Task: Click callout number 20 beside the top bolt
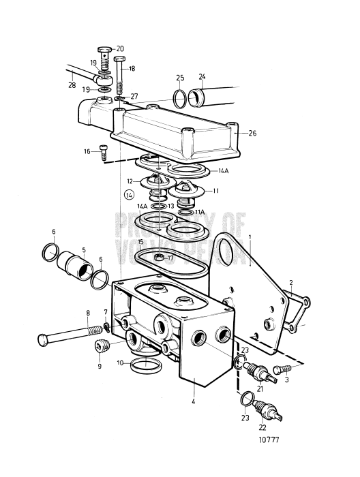coord(121,48)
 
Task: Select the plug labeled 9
coord(102,346)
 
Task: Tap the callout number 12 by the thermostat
coord(130,181)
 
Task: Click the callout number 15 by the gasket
coord(140,242)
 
